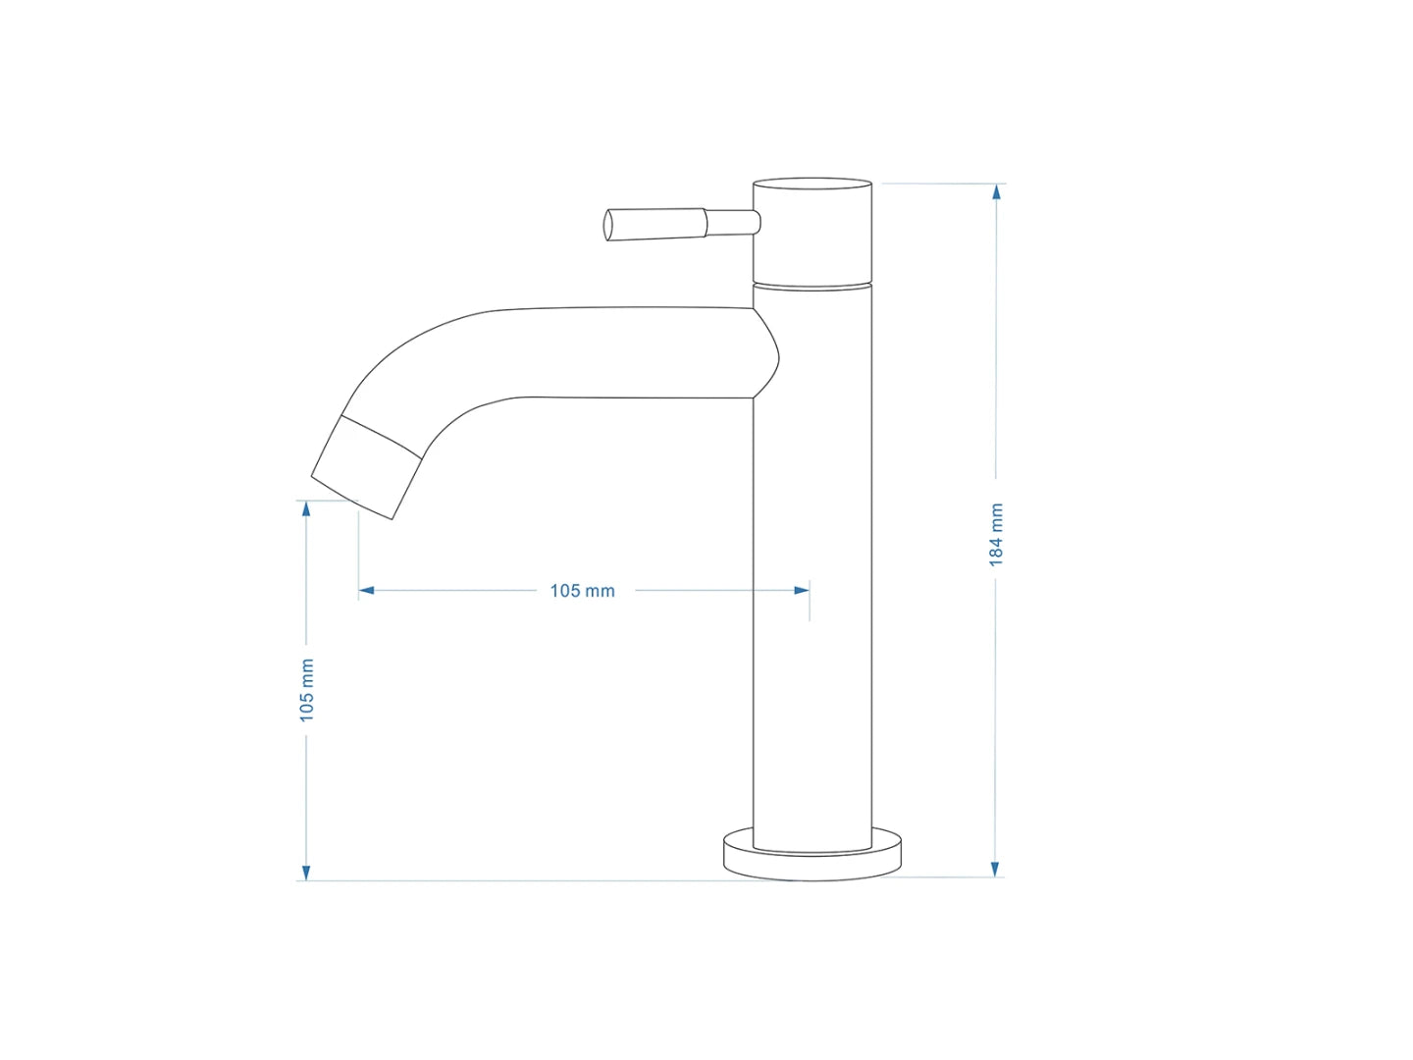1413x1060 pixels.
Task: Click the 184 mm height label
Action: [x=996, y=535]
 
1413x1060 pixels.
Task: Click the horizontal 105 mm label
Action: [x=582, y=591]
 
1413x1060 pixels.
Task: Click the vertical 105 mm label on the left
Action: [x=307, y=690]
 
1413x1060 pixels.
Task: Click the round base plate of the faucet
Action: [x=812, y=858]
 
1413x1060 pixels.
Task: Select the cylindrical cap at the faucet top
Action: [x=812, y=232]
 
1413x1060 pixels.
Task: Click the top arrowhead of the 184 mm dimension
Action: [x=996, y=192]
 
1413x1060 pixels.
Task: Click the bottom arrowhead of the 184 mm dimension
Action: [x=995, y=868]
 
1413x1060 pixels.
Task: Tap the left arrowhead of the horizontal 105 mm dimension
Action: [x=367, y=591]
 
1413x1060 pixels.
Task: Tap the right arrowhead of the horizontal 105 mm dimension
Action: [x=802, y=591]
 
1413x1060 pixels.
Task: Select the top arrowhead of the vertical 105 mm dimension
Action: [x=306, y=508]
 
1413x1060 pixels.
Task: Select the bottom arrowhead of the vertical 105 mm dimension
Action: [x=306, y=872]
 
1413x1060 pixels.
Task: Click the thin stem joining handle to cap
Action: [x=732, y=223]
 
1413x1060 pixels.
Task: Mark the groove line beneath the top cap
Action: [x=812, y=286]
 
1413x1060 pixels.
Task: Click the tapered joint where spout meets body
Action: [x=765, y=353]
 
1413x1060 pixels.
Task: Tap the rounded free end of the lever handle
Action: [x=608, y=225]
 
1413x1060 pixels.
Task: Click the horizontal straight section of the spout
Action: [x=628, y=353]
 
